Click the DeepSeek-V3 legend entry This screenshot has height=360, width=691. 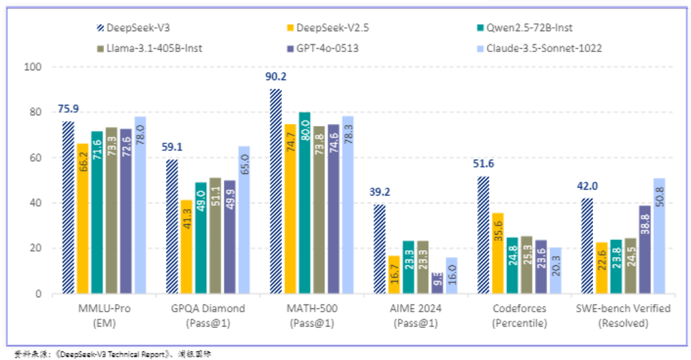click(x=134, y=28)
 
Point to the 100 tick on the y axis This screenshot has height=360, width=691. click(x=32, y=67)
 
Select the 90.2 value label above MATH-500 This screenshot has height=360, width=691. click(x=276, y=77)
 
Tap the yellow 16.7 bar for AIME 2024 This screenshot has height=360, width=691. click(x=393, y=275)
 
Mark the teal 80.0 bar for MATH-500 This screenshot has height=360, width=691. click(x=305, y=203)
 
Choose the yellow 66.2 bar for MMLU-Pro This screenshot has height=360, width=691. click(x=82, y=218)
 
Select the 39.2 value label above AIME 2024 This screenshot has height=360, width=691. click(x=380, y=192)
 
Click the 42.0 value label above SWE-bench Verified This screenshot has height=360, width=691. click(x=587, y=186)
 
